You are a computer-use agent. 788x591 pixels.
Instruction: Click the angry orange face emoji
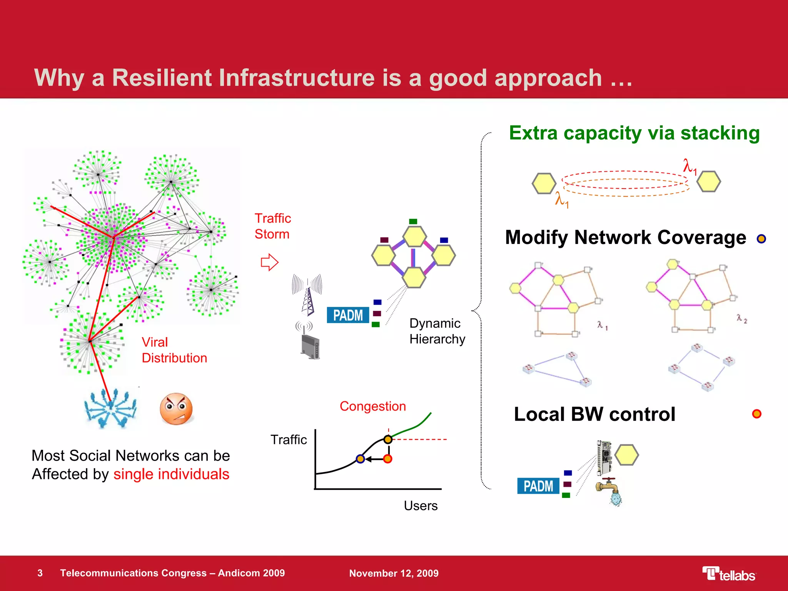click(176, 409)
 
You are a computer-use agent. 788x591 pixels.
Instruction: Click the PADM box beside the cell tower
click(348, 315)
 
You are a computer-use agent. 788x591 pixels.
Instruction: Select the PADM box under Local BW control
click(538, 486)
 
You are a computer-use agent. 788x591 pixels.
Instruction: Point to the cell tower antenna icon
click(307, 295)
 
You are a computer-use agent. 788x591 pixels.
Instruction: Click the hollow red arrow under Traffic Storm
click(269, 262)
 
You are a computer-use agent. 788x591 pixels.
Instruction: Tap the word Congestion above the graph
click(372, 406)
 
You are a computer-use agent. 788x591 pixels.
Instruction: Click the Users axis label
click(421, 506)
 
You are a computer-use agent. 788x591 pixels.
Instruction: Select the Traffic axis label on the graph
click(289, 439)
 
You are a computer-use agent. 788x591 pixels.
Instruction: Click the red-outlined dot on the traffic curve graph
click(387, 459)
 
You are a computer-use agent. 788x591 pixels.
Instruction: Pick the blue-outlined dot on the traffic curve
click(360, 459)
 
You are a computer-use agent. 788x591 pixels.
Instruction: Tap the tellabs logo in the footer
click(729, 574)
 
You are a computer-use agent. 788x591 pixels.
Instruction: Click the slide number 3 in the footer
click(40, 573)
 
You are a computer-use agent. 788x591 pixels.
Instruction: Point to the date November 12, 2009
click(394, 573)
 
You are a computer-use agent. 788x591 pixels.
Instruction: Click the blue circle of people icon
click(111, 409)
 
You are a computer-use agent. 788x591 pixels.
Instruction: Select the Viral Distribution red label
click(174, 350)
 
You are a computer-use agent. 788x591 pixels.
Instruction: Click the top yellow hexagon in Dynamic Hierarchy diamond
click(414, 236)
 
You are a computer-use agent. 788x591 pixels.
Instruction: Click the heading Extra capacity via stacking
click(634, 133)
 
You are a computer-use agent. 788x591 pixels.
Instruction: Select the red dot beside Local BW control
click(756, 414)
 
